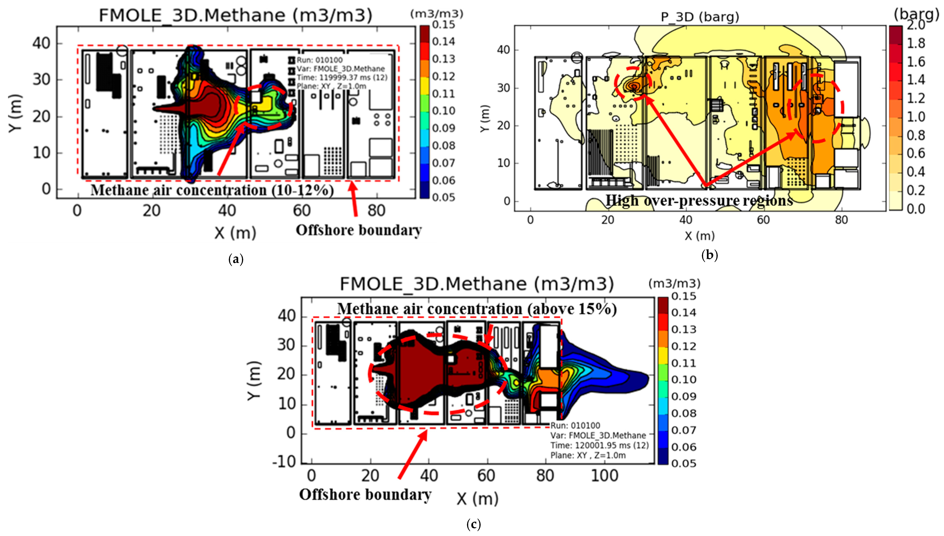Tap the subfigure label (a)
[x=236, y=259]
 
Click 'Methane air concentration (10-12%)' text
[x=212, y=190]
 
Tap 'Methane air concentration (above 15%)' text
[x=477, y=309]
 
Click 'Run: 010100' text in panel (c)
[x=575, y=426]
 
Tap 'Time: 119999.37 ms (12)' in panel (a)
[x=342, y=77]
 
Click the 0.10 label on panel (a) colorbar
[x=443, y=111]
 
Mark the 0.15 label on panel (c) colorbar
[x=684, y=296]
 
